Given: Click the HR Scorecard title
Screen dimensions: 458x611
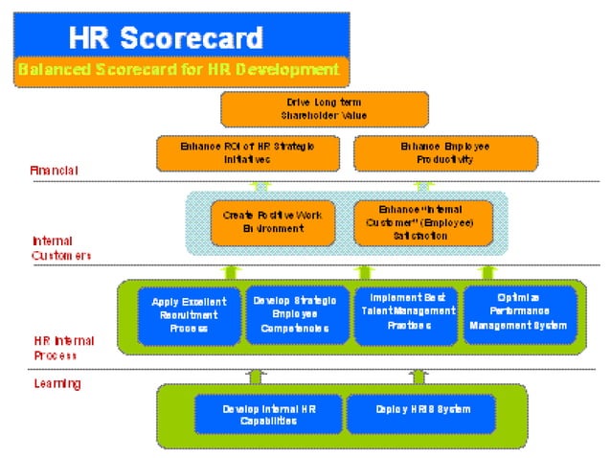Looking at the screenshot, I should [165, 38].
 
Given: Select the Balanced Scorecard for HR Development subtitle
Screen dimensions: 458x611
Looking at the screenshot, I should [178, 70].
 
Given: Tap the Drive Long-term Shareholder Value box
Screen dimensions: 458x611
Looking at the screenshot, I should [325, 109].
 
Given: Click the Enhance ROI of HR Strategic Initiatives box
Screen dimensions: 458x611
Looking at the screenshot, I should [246, 153].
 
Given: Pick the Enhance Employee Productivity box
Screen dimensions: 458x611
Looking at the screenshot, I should [444, 153].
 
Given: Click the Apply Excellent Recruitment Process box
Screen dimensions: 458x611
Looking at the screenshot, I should [189, 314].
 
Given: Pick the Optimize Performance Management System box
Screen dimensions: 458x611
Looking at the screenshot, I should [518, 312].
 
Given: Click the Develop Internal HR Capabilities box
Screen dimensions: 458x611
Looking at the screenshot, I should [267, 414].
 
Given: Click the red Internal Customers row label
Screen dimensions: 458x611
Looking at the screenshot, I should [59, 248].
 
